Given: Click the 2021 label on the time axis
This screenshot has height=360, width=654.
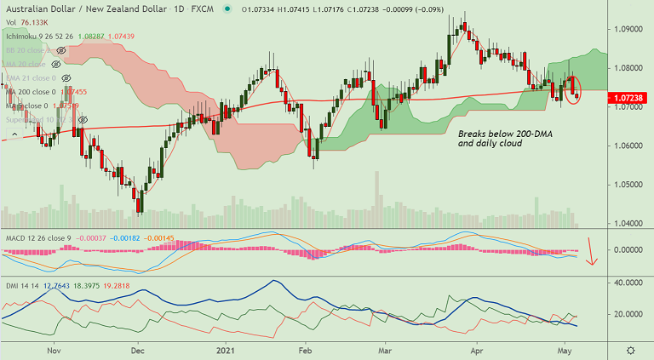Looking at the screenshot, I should click(225, 350).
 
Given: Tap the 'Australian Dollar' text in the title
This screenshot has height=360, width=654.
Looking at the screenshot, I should click(38, 8).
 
